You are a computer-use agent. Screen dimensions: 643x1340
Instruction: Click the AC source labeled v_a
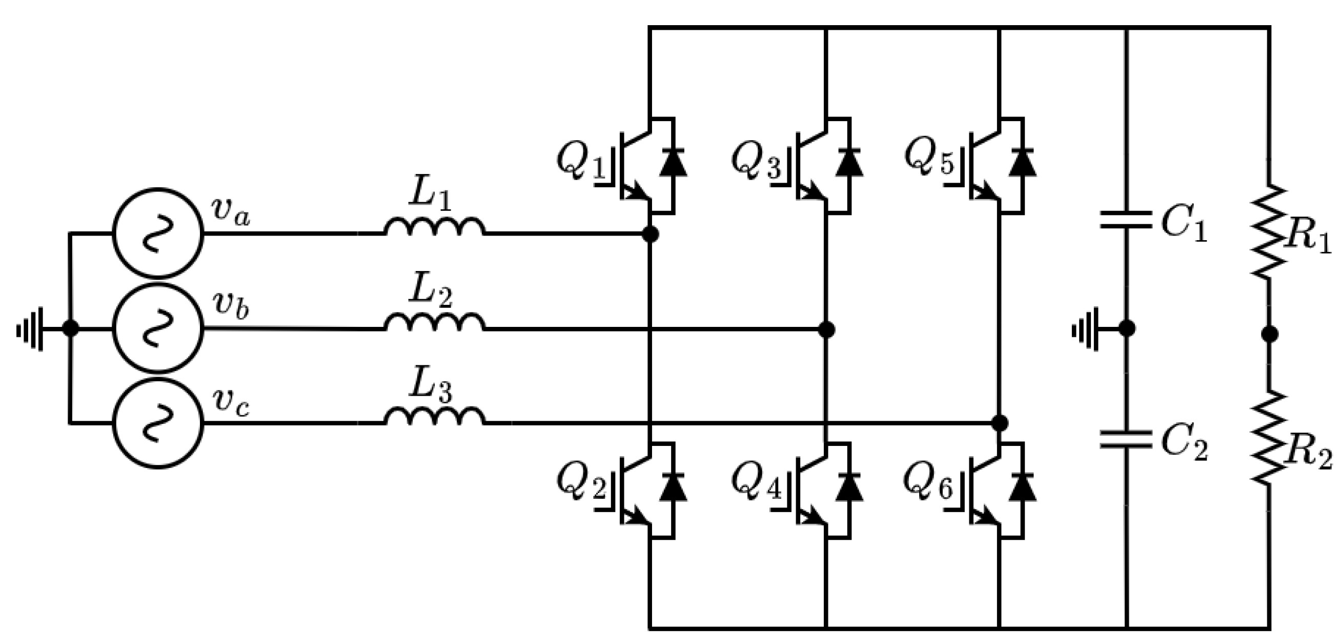point(158,233)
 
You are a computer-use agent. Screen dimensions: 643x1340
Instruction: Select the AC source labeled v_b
point(158,328)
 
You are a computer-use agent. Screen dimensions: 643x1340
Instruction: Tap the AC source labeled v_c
point(158,423)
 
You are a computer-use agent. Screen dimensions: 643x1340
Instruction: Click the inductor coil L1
point(434,227)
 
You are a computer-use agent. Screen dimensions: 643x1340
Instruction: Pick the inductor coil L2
point(434,322)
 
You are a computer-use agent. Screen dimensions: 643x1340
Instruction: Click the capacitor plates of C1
point(1126,219)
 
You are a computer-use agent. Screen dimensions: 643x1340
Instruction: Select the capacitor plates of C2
point(1126,439)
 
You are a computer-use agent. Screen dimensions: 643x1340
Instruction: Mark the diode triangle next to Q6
point(1022,488)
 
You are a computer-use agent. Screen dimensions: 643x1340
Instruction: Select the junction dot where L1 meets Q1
point(650,234)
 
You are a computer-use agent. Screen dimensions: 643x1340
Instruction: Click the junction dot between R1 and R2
point(1270,334)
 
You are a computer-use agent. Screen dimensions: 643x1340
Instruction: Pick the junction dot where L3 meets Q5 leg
point(999,423)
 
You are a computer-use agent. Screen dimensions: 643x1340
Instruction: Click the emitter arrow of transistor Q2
point(636,517)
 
